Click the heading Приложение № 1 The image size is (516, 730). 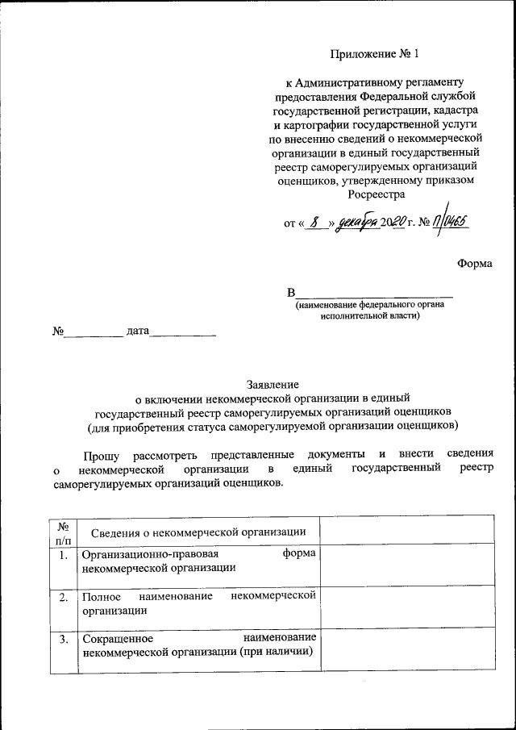coord(375,55)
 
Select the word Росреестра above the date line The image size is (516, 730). coord(376,194)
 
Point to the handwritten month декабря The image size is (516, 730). coord(358,223)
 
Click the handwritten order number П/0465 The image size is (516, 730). coord(448,222)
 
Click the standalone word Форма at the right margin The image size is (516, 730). coord(474,263)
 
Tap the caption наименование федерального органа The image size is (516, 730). coord(370,305)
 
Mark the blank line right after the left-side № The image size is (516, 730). coord(94,332)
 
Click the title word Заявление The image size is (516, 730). coord(273,385)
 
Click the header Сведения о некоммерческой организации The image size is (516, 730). coord(198,532)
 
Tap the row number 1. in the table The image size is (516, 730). coord(63,555)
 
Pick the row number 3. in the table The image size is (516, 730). coord(63,640)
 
